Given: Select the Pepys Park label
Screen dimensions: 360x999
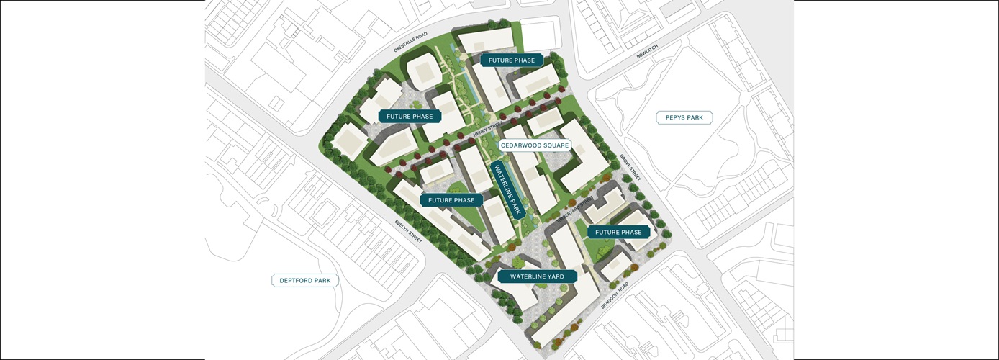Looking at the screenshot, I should (684, 117).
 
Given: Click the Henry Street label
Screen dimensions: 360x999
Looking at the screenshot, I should (487, 132).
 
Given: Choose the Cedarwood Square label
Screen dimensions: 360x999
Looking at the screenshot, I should (535, 145).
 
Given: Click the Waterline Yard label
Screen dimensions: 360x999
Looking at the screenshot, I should (537, 276).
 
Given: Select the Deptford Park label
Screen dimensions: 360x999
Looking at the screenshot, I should (305, 280).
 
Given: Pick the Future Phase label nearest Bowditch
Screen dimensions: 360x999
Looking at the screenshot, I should (512, 60).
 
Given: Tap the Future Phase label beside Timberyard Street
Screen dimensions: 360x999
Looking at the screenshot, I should (618, 232).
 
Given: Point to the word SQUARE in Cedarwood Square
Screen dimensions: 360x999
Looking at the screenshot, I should (555, 145).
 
